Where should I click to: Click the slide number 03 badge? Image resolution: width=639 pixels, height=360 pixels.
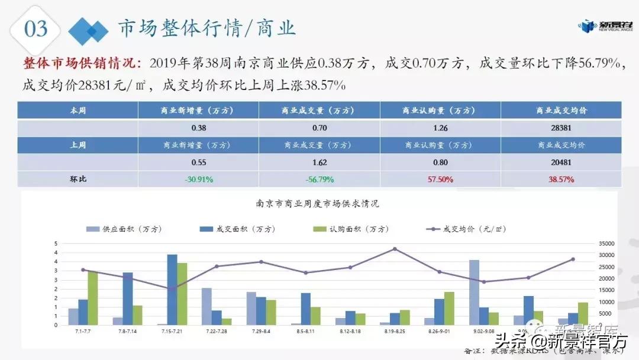[x=35, y=28]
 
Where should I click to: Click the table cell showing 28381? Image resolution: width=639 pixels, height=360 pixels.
[x=560, y=127]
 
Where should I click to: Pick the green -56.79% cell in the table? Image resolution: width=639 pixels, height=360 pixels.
[x=319, y=179]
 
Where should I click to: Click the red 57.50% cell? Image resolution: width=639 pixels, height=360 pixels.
[x=440, y=179]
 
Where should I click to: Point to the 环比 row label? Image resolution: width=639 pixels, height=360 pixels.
[x=78, y=179]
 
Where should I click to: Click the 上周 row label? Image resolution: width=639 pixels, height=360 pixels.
[x=78, y=144]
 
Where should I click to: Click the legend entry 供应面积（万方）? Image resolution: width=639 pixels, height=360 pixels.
[x=124, y=229]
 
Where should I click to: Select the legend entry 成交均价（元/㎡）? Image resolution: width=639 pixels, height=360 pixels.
[x=467, y=229]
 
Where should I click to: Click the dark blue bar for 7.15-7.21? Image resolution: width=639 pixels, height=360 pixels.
[x=172, y=290]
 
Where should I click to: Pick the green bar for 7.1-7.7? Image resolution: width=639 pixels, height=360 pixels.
[x=92, y=298]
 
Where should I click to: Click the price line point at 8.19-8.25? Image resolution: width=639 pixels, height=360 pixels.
[x=395, y=249]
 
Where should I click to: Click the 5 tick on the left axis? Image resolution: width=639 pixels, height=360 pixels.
[x=56, y=243]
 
